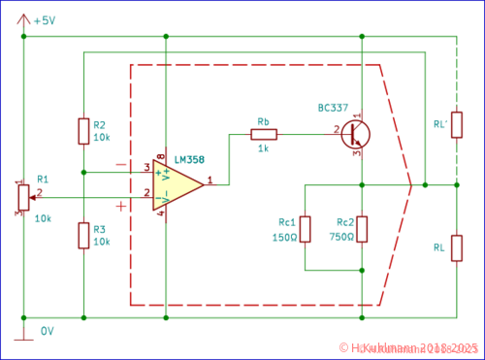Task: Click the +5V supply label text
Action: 45,20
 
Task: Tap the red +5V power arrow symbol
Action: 23,17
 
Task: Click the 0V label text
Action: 47,331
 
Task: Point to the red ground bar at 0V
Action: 23,339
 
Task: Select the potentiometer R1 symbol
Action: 23,198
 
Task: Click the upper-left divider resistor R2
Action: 83,131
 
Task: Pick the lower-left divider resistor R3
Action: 83,236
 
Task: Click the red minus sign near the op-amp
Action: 120,164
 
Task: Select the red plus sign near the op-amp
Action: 120,205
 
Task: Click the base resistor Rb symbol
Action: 264,135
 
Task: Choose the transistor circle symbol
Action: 356,134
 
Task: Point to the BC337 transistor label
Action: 333,107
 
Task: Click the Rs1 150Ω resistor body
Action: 305,229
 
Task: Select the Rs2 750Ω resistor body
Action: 361,229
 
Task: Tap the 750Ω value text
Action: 340,236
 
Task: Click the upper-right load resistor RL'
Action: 456,124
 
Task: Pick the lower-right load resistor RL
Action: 456,247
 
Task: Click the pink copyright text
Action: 408,347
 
